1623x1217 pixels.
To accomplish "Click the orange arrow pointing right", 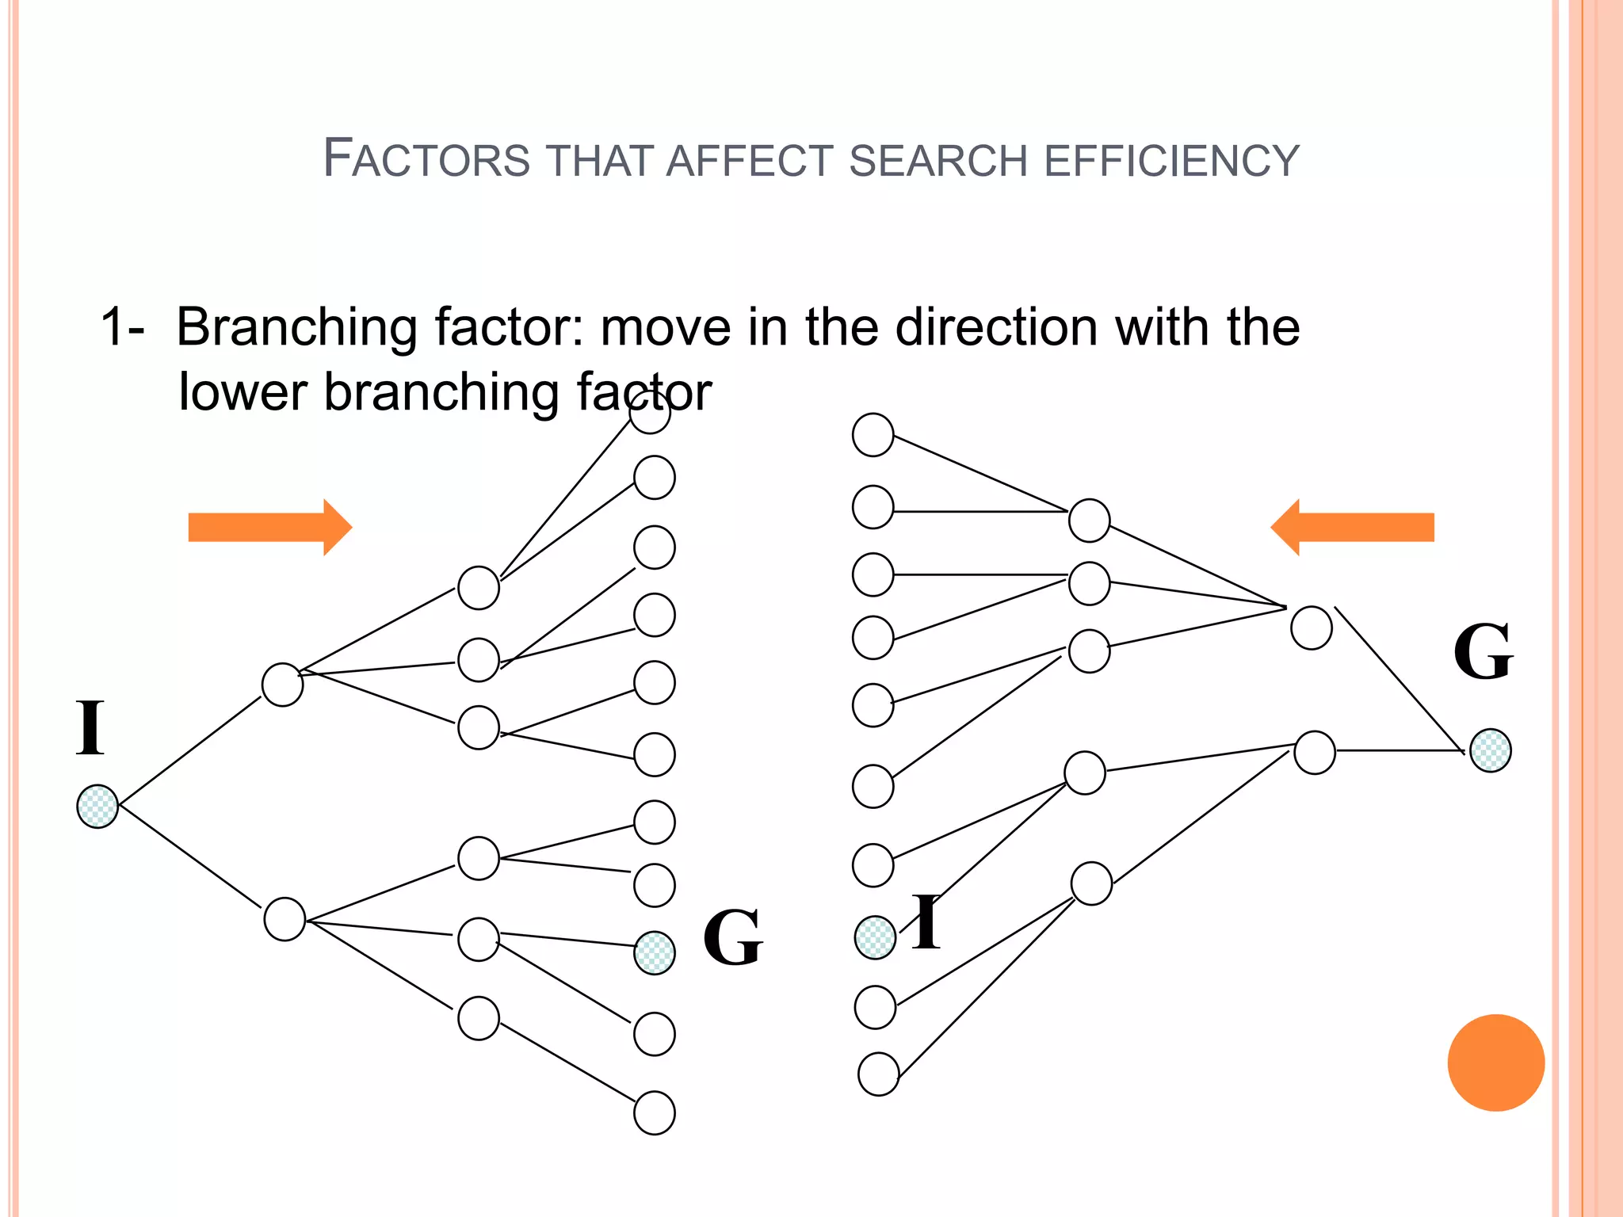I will click(269, 528).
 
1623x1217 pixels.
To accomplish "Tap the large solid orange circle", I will click(1495, 1062).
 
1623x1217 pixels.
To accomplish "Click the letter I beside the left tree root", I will click(90, 728).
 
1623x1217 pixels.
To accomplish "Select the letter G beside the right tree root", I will click(1483, 652).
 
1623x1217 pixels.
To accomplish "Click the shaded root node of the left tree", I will click(97, 807).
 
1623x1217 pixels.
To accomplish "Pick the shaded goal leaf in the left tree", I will click(655, 952).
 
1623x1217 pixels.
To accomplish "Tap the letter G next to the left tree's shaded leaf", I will click(733, 938).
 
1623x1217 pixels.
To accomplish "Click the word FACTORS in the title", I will click(426, 158).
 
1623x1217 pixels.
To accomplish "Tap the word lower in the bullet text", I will click(242, 391).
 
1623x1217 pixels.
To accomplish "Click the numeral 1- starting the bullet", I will click(122, 327).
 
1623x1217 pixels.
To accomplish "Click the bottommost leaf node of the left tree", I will click(655, 1113).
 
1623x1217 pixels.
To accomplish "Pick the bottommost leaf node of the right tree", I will click(878, 1074).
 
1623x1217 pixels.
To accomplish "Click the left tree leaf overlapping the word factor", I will click(650, 412).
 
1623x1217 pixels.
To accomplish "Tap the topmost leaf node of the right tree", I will click(873, 435).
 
